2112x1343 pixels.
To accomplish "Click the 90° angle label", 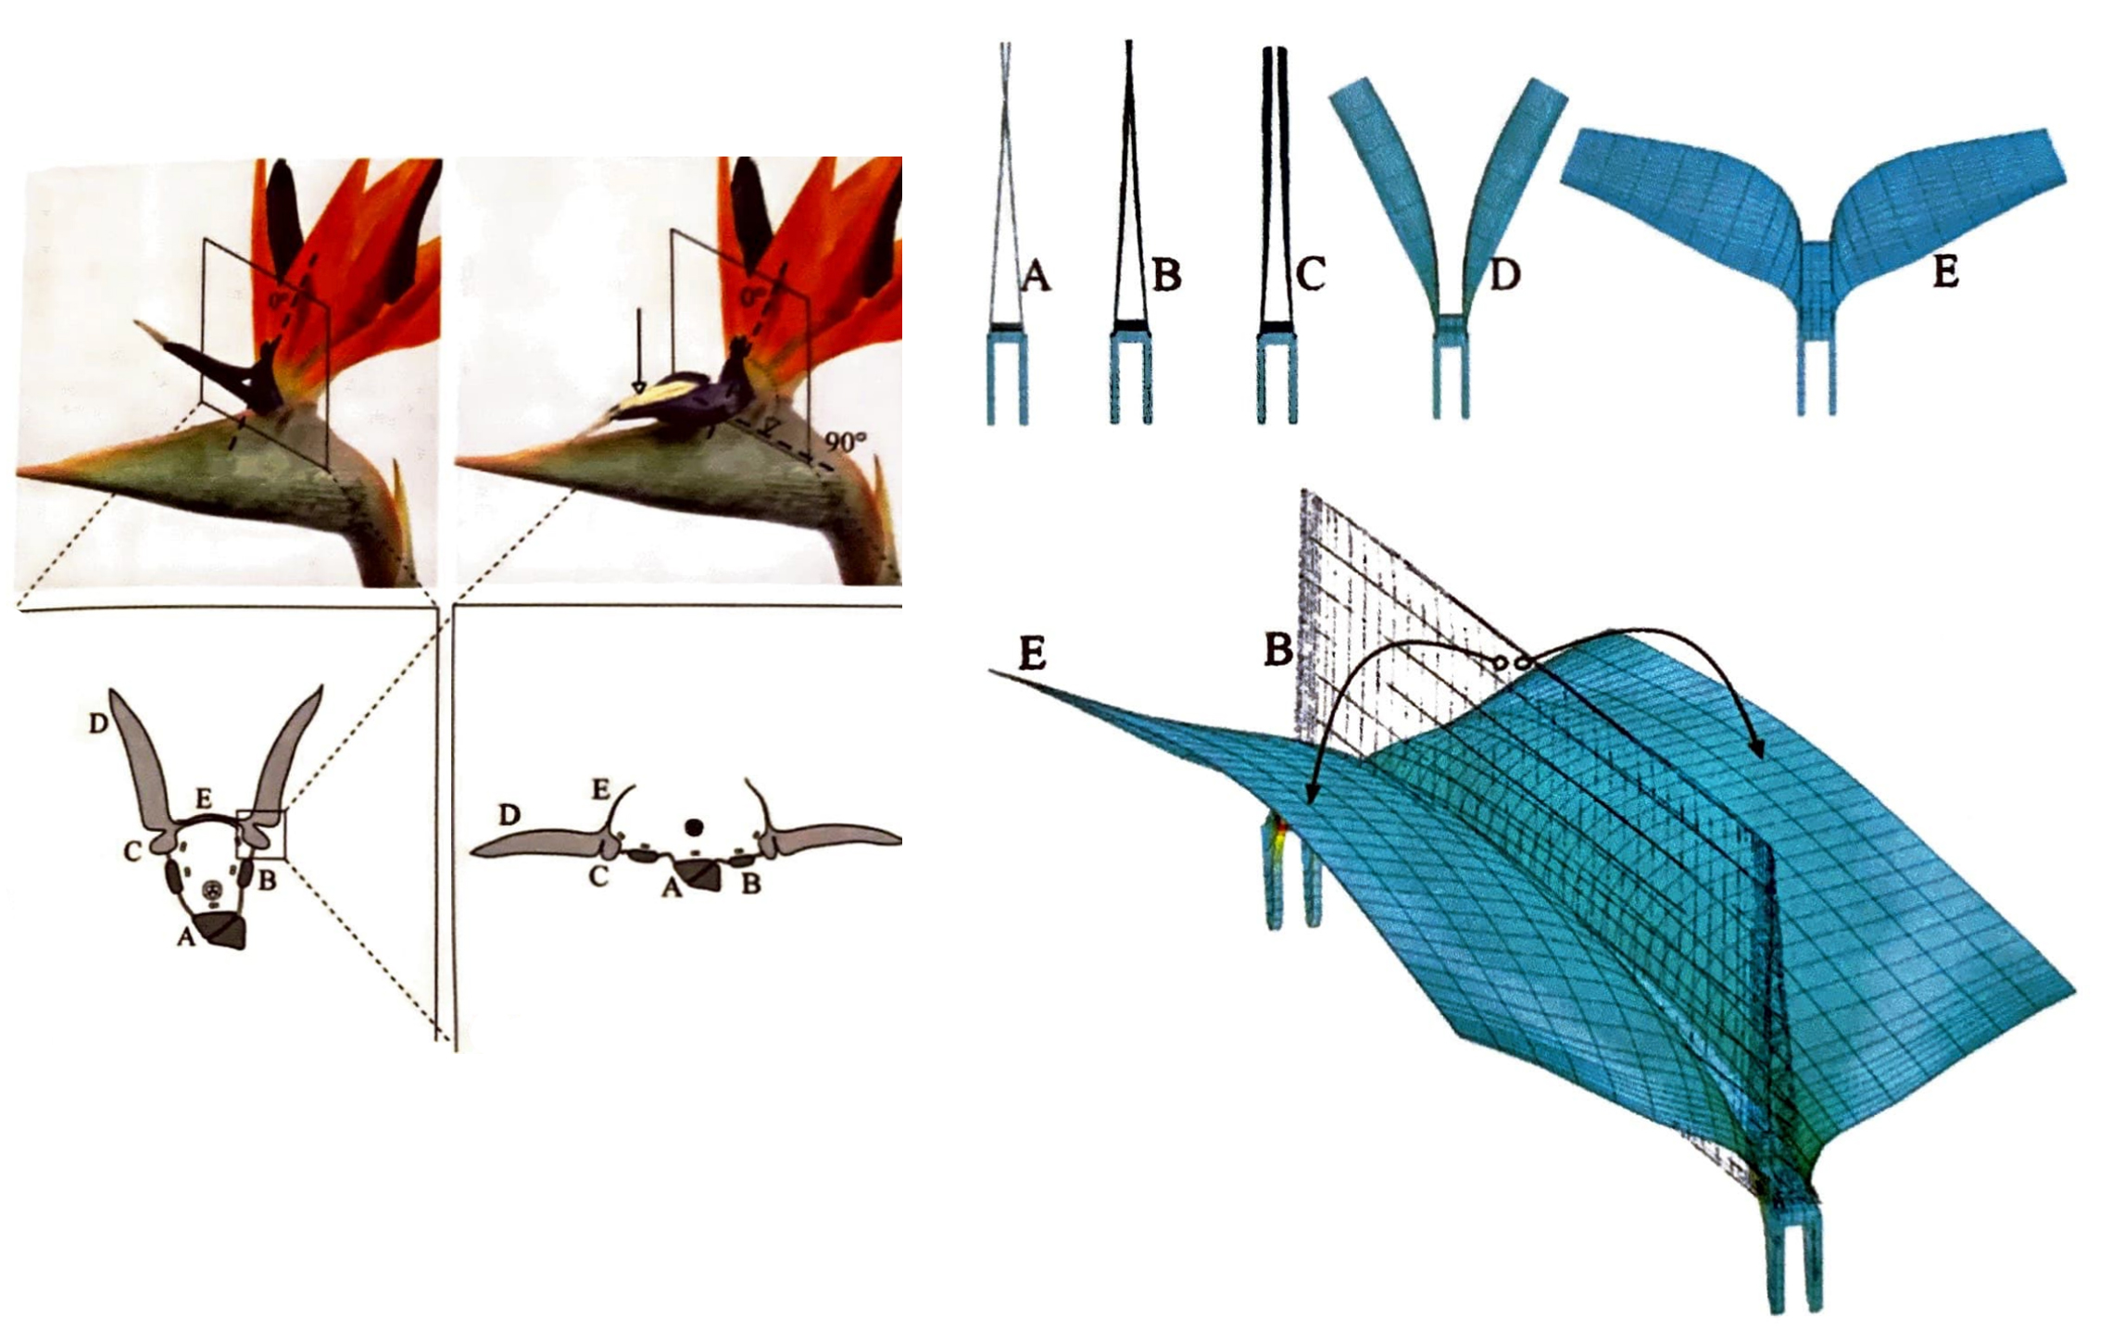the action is pos(846,443).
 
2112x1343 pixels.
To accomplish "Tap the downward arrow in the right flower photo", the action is pos(638,351).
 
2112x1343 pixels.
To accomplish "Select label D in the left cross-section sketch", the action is pos(98,723).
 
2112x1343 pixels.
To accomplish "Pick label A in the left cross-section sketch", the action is pos(186,938).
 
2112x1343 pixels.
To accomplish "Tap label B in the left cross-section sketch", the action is pos(267,880).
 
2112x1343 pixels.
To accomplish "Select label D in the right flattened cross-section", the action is pos(509,816).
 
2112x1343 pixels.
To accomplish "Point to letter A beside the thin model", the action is pos(1036,275).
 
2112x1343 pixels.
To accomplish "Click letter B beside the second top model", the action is pos(1167,275).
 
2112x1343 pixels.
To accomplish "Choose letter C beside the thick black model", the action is pos(1311,274).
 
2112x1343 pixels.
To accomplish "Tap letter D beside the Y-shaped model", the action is pos(1505,274).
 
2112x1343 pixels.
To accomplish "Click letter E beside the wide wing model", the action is pos(1945,272).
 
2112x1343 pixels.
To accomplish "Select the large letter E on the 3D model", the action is pos(1032,654).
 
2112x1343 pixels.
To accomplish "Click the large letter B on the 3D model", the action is pos(1278,650).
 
